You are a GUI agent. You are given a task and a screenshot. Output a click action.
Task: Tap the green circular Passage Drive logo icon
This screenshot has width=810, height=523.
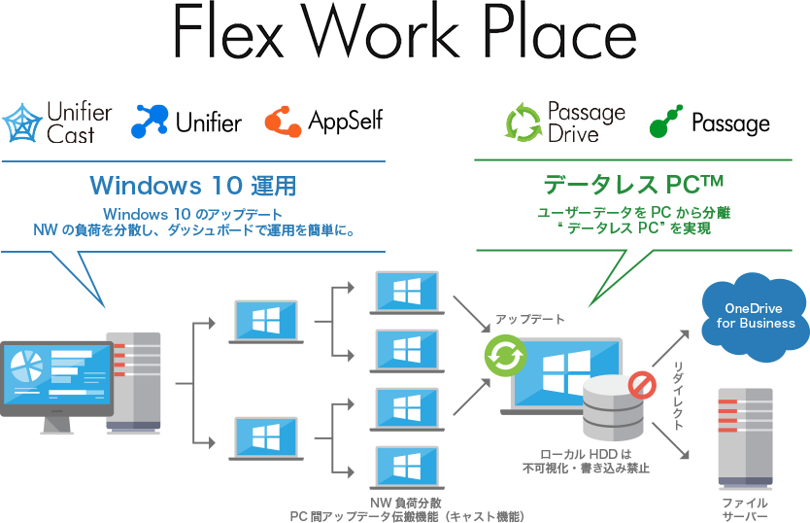pyautogui.click(x=523, y=124)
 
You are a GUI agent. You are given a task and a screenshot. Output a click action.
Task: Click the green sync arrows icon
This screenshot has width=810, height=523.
pyautogui.click(x=505, y=357)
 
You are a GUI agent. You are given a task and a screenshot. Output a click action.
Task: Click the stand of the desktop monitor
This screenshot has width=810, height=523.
pyautogui.click(x=54, y=424)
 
